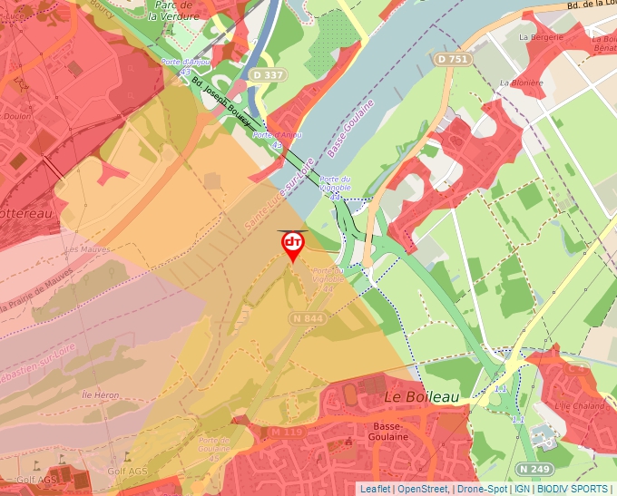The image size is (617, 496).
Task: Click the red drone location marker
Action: (x=292, y=245)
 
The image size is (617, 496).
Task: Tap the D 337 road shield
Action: (x=267, y=75)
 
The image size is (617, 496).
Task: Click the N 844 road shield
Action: (x=308, y=318)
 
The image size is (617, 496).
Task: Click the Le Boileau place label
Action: (x=421, y=397)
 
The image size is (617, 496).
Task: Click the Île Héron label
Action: (x=100, y=395)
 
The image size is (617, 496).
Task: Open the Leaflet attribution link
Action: (x=375, y=489)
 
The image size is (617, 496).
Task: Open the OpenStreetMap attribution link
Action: (x=422, y=489)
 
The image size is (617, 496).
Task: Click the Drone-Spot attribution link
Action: (x=482, y=489)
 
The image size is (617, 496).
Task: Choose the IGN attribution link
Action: (x=522, y=489)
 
